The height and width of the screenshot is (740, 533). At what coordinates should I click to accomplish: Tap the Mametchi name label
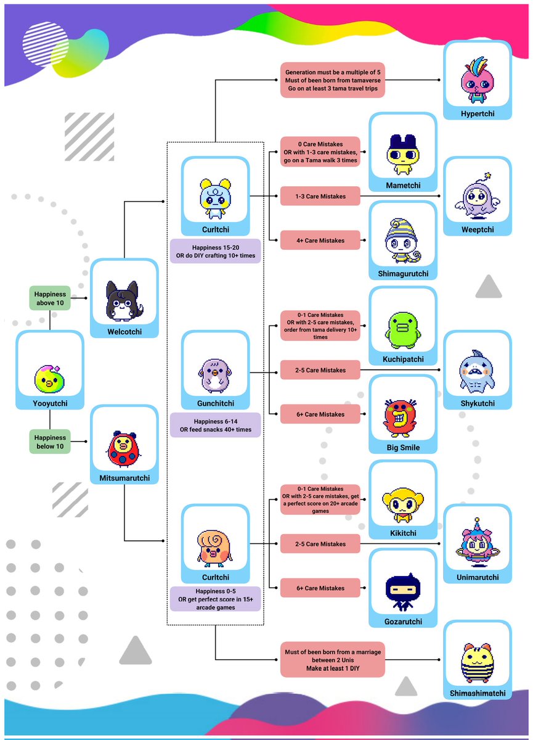402,184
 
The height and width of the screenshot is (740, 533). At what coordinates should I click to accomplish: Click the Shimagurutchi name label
402,273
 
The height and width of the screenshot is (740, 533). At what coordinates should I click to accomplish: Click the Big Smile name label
402,447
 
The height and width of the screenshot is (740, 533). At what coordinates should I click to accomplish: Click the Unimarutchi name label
477,577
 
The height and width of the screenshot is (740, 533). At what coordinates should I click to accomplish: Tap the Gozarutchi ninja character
402,588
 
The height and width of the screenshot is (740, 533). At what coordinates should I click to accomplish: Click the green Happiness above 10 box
49,298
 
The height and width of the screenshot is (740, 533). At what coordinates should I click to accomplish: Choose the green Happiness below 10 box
49,442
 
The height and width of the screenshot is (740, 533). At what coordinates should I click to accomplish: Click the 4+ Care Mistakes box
320,240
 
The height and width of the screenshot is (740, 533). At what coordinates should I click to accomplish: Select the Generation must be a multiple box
333,80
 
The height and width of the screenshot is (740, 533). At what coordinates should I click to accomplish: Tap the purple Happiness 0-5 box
215,598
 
